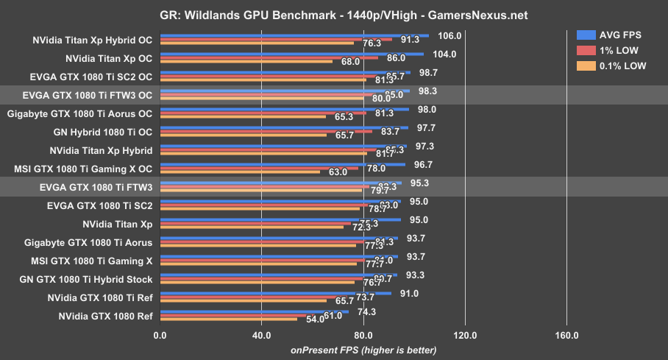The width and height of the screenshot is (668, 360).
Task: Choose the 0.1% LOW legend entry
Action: coord(614,66)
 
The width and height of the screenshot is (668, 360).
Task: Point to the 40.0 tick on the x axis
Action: coord(261,336)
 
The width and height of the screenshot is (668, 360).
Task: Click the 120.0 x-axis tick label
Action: coord(465,336)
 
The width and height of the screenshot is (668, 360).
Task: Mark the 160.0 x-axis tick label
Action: coord(566,336)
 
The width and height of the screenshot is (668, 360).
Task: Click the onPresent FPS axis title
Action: coord(363,350)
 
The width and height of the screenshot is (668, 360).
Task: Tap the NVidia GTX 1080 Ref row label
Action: coord(105,316)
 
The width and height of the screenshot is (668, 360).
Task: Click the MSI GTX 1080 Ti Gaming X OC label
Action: coord(83,169)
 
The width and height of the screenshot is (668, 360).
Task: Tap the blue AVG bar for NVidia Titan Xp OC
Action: coord(291,53)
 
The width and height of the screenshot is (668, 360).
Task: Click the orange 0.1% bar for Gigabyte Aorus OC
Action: coord(243,116)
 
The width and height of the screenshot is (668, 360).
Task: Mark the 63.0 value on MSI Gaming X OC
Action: coord(338,172)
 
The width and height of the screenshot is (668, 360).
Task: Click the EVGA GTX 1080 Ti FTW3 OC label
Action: coord(88,95)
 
